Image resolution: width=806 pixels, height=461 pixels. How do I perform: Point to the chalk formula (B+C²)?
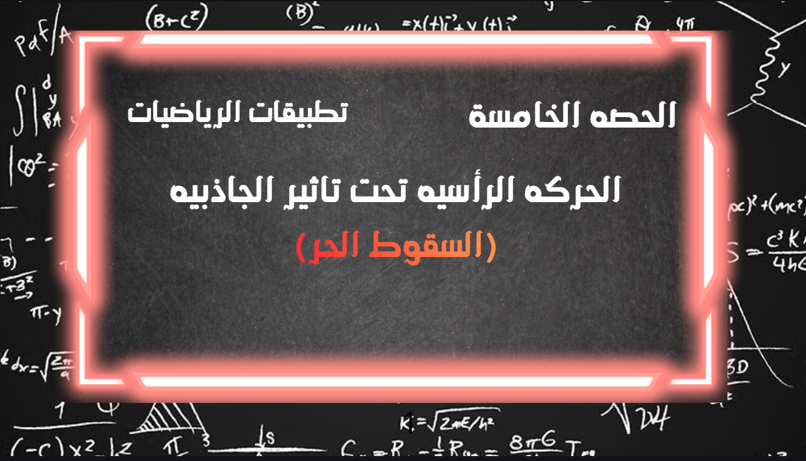[176, 22]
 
